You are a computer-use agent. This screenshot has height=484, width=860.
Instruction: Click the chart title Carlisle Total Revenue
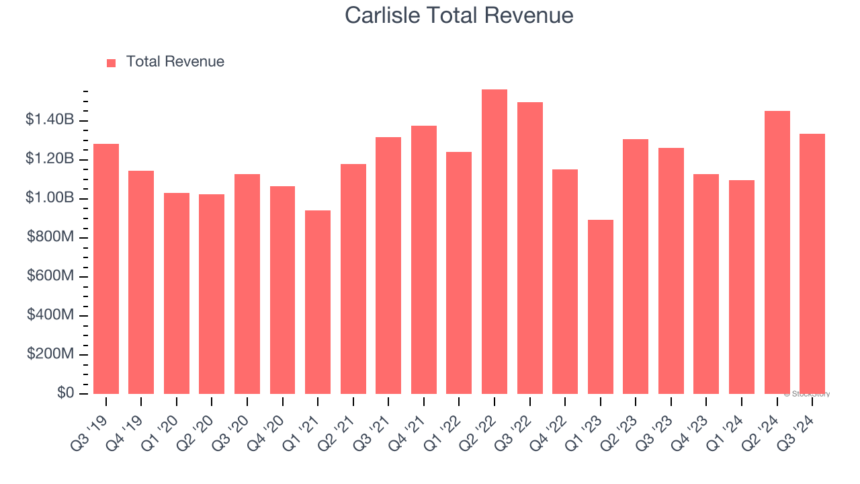pyautogui.click(x=459, y=15)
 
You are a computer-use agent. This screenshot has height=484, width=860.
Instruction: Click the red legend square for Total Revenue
pyautogui.click(x=112, y=63)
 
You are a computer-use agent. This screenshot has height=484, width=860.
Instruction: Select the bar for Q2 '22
pyautogui.click(x=494, y=242)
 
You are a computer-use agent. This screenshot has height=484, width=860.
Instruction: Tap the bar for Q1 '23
pyautogui.click(x=601, y=307)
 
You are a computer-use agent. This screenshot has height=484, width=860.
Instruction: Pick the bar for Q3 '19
pyautogui.click(x=106, y=269)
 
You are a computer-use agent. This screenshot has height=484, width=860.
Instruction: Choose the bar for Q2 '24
pyautogui.click(x=777, y=252)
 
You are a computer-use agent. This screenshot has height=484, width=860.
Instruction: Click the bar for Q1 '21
pyautogui.click(x=318, y=302)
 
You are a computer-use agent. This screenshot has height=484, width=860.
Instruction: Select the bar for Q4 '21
pyautogui.click(x=424, y=259)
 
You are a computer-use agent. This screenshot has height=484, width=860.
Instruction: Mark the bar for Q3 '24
pyautogui.click(x=812, y=264)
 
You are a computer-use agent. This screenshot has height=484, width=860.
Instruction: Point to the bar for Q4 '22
pyautogui.click(x=565, y=282)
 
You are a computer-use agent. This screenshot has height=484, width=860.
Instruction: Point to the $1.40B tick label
pyautogui.click(x=50, y=120)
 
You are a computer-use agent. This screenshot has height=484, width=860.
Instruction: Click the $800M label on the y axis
pyautogui.click(x=50, y=237)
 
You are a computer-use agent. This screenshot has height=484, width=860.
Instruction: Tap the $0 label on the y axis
pyautogui.click(x=65, y=393)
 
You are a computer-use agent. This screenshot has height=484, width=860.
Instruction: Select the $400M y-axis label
pyautogui.click(x=50, y=315)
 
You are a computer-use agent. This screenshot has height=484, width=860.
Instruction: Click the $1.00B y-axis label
pyautogui.click(x=50, y=198)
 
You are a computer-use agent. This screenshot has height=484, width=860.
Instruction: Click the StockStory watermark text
pyautogui.click(x=807, y=395)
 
